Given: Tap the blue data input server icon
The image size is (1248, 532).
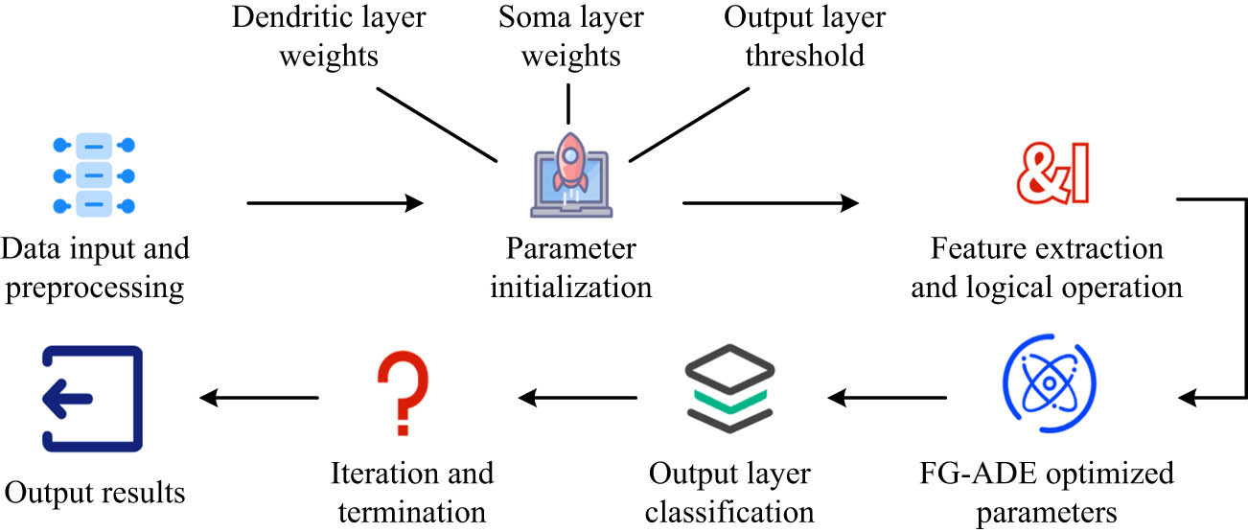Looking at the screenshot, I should click(93, 174).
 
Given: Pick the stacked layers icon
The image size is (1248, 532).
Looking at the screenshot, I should click(730, 395).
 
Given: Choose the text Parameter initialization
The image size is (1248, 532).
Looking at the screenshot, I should click(571, 268).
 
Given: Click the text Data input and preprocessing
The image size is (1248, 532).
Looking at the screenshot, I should click(94, 268).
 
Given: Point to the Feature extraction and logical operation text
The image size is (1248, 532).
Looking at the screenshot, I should click(1046, 268).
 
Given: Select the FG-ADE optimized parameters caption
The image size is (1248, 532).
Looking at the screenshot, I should click(1046, 493).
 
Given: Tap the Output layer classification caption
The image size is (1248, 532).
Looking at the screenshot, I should click(729, 493).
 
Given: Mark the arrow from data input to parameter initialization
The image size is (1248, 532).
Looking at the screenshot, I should click(335, 202).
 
